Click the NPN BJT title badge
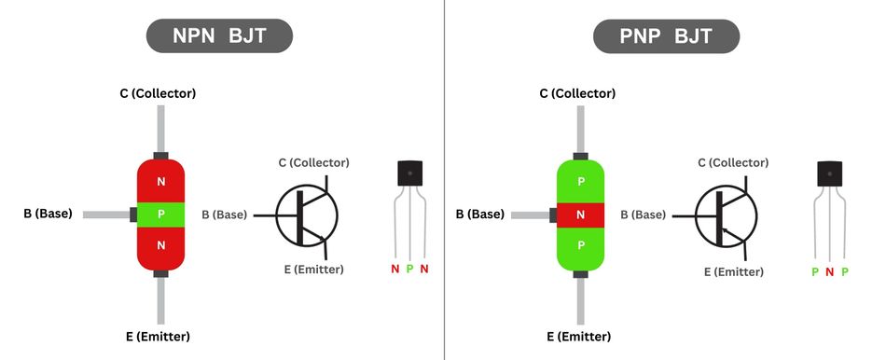tap(219, 36)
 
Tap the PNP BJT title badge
tap(666, 36)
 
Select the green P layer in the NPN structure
tap(161, 214)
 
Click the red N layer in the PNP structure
tap(580, 215)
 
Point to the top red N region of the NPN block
tap(161, 179)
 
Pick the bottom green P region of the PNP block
tap(580, 246)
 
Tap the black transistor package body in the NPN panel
tap(409, 173)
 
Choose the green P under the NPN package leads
tap(408, 270)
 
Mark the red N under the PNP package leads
tap(829, 272)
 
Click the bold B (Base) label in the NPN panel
tap(48, 214)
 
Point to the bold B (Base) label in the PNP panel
tap(480, 214)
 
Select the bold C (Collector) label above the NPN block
tap(158, 93)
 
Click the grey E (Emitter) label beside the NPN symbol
tap(313, 270)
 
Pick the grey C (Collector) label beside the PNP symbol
tap(734, 162)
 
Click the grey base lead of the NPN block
tap(104, 215)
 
